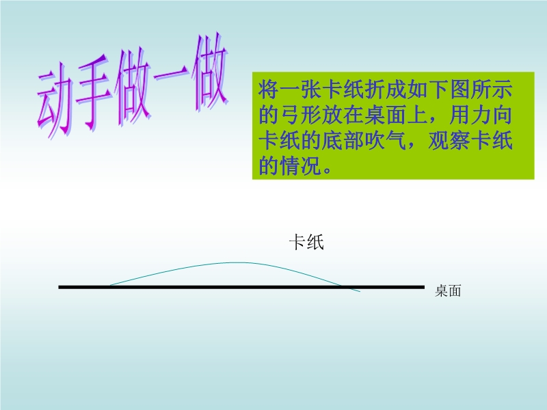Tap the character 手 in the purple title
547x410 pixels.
point(95,93)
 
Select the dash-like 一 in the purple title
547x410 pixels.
point(172,74)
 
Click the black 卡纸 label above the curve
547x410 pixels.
point(306,242)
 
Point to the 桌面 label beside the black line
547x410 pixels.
point(448,290)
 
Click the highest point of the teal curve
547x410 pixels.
point(237,262)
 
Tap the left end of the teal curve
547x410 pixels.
point(109,286)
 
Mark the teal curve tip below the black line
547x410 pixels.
point(360,291)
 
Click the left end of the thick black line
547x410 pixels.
point(59,287)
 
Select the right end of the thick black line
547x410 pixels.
point(424,287)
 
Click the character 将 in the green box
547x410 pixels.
point(268,90)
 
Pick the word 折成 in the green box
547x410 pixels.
point(385,90)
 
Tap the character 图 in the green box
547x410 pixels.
point(459,90)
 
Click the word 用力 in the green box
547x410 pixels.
point(470,115)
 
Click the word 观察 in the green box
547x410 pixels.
point(449,141)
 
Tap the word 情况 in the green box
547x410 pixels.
point(300,165)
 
